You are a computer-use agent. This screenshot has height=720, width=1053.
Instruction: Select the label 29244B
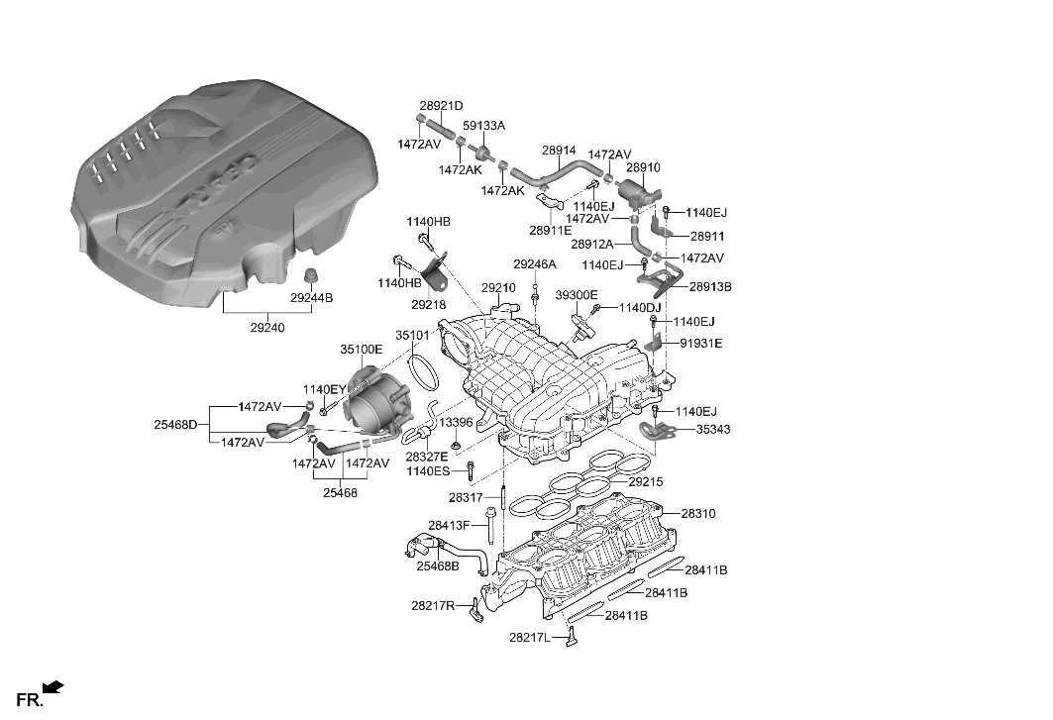[x=312, y=298]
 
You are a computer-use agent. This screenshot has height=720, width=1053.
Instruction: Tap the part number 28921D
[x=441, y=106]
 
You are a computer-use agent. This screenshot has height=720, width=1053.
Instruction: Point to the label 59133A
[x=483, y=126]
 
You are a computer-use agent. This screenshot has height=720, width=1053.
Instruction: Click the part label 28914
[x=559, y=151]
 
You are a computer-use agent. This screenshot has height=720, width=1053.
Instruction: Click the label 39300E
[x=576, y=295]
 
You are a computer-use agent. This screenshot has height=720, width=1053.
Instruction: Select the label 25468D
[x=175, y=425]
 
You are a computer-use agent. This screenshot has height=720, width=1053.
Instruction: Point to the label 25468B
[x=437, y=566]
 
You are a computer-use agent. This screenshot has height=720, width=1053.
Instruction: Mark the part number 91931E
[x=700, y=344]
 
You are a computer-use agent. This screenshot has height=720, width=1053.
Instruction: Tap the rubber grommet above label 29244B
[x=311, y=274]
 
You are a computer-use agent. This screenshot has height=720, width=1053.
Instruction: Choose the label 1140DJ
[x=639, y=309]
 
